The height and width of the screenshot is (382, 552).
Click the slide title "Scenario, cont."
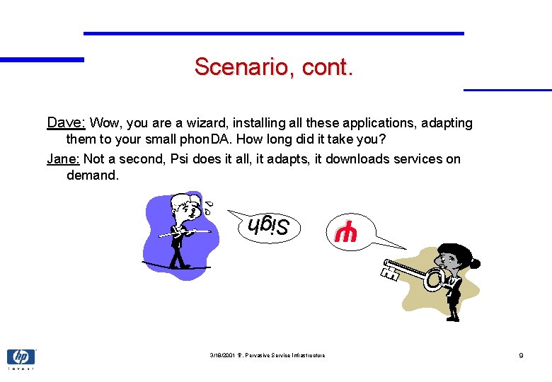(273, 68)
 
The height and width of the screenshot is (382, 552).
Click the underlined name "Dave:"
(66, 122)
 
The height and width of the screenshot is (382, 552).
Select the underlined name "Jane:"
(64, 158)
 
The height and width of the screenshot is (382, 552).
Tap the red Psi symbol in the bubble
(346, 233)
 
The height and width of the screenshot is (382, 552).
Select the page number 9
(521, 355)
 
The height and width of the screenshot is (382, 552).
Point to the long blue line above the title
(274, 33)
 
